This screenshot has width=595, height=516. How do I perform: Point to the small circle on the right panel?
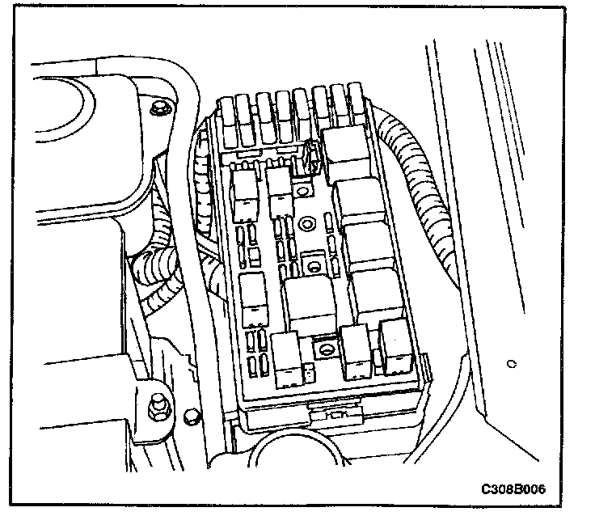(511, 364)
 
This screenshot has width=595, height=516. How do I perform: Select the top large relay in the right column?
(345, 151)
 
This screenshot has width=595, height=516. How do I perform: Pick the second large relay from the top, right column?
(361, 201)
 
